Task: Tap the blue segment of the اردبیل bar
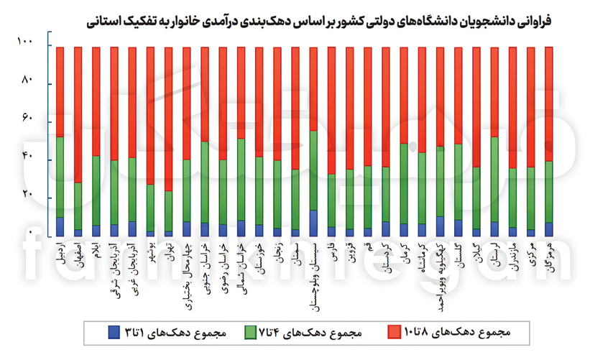coord(60,227)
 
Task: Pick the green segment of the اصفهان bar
coord(78,206)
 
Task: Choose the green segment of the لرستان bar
coord(494,179)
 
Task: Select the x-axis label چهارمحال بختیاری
coord(187,272)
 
